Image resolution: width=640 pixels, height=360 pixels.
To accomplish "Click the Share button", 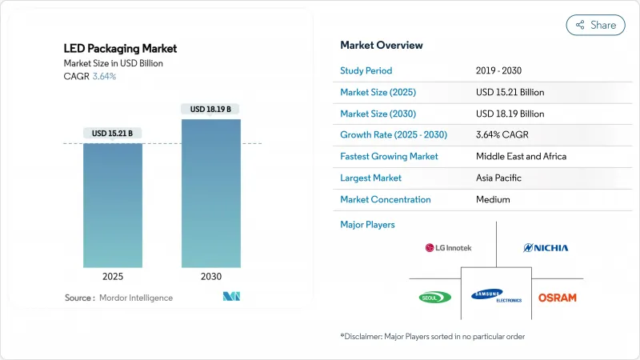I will point(596,25).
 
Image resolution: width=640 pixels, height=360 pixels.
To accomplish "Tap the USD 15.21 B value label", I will point(113,133).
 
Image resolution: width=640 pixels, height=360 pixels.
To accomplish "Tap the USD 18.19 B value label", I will point(211,109).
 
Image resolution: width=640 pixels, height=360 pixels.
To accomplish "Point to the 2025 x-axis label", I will point(113,276).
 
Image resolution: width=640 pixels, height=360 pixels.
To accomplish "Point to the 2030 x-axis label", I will point(211,276).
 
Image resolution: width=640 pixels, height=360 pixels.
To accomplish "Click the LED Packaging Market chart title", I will point(119,49).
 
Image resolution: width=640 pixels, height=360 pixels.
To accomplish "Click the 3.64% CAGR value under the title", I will point(103,77).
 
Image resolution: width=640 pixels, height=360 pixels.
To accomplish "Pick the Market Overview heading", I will point(382,45).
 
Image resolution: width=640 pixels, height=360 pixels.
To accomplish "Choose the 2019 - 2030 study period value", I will point(503,70).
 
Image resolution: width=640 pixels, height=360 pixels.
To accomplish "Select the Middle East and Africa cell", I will point(521,156).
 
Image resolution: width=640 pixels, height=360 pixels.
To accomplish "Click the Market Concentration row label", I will point(386,199).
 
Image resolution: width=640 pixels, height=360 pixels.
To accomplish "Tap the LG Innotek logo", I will point(448,248).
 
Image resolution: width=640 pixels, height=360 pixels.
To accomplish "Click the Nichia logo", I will point(546,248).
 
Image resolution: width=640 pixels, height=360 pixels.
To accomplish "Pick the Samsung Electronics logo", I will point(496,296).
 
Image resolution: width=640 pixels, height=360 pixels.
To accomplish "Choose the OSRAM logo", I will point(557,297).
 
